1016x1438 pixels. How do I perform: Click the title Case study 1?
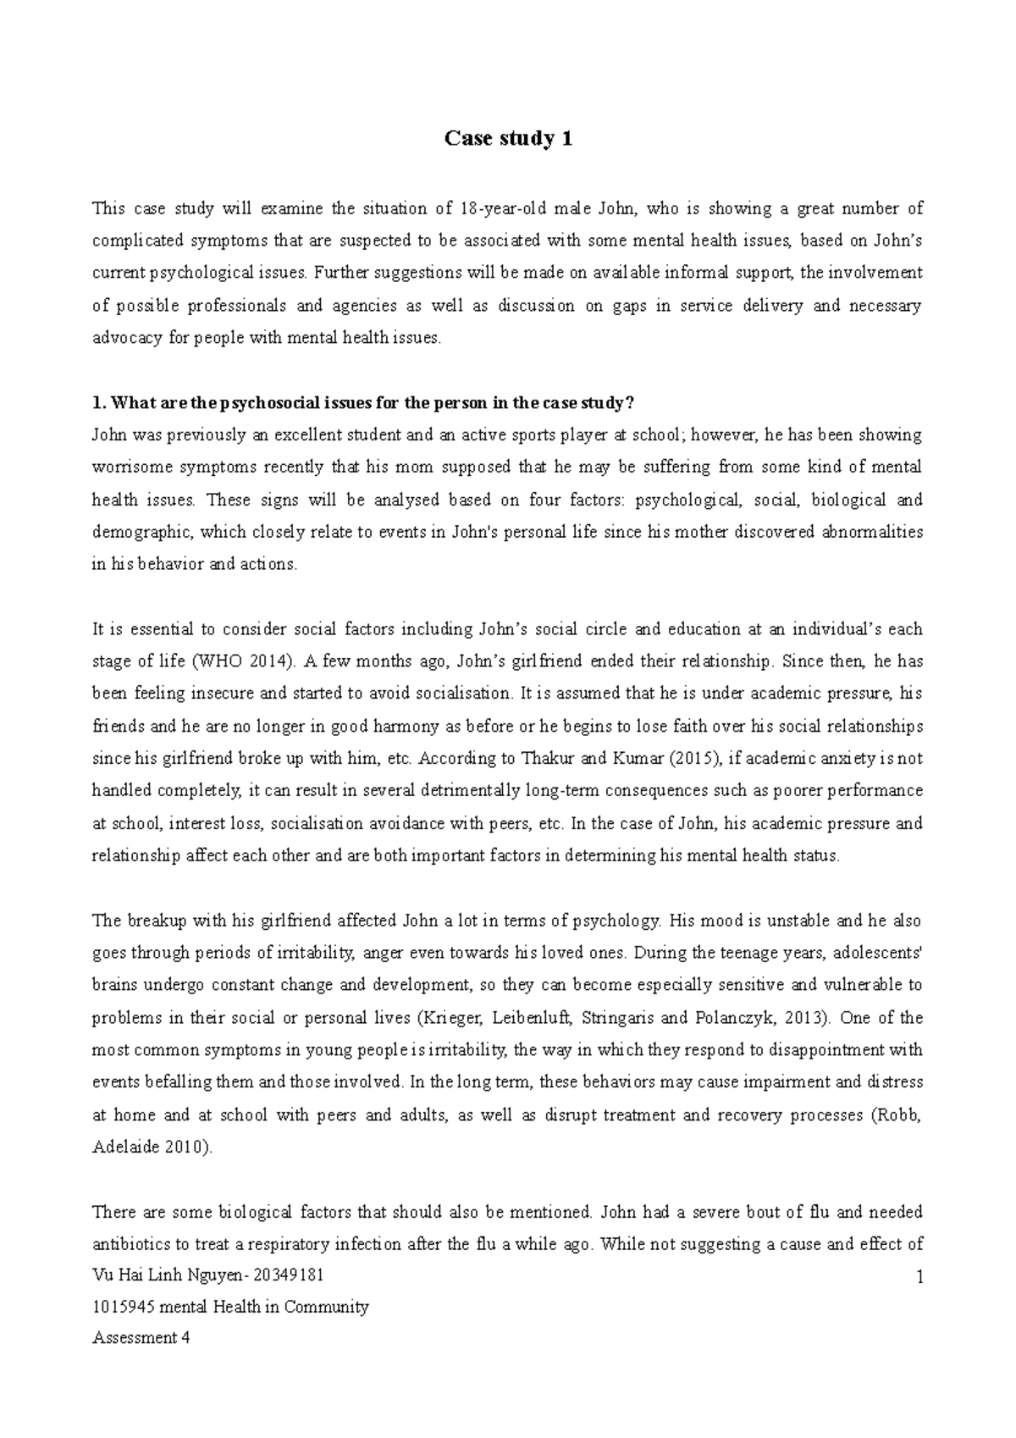(508, 138)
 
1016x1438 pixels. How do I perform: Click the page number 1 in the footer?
(919, 1279)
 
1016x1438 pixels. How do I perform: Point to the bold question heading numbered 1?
(362, 402)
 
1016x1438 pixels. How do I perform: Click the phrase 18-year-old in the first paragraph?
(498, 208)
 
